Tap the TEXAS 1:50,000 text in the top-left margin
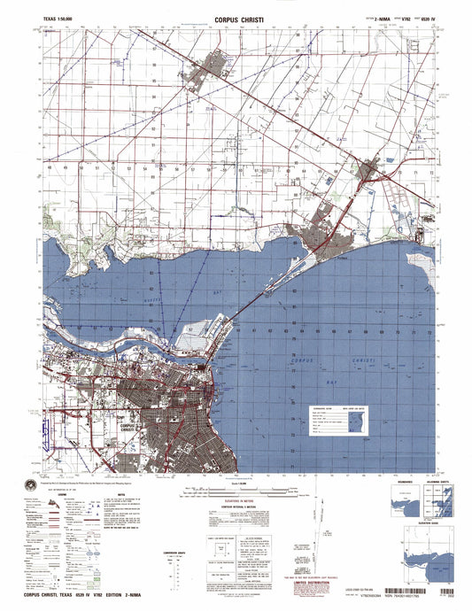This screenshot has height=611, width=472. (60, 17)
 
